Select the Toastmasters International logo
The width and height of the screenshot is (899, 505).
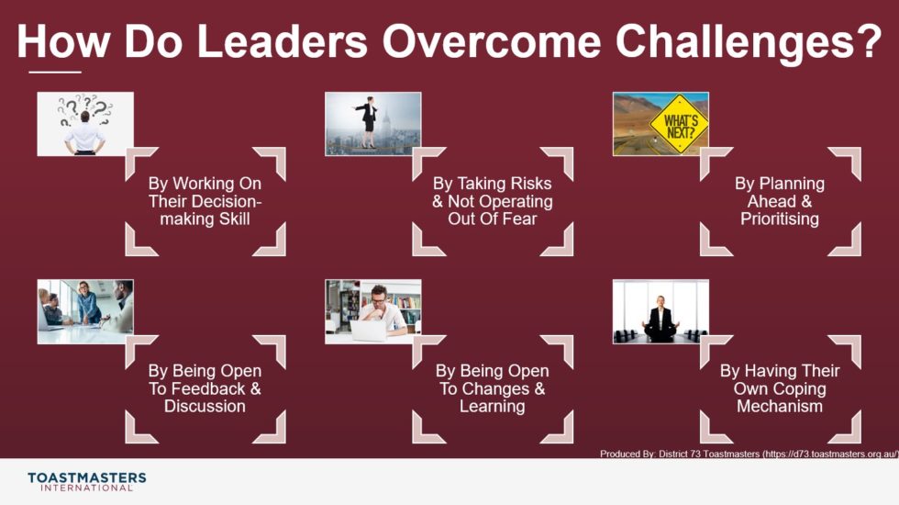coord(87,481)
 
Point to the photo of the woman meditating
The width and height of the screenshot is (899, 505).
coord(660,312)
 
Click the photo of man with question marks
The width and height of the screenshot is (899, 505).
coord(85,124)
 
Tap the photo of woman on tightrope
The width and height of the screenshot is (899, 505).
coord(373,124)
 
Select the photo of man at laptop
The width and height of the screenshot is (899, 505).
coord(373,311)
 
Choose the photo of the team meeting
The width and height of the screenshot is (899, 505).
coord(85,311)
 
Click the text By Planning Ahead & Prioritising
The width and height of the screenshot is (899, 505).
coord(780,201)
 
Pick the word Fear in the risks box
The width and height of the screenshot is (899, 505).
coord(517,219)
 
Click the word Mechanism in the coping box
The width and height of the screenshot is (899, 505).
coord(780,406)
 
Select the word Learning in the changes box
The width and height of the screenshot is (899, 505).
coord(492,406)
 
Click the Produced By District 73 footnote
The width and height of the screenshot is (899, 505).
coord(748,454)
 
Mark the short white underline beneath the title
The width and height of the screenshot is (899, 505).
coord(55,72)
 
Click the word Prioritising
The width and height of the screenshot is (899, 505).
coord(780,219)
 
